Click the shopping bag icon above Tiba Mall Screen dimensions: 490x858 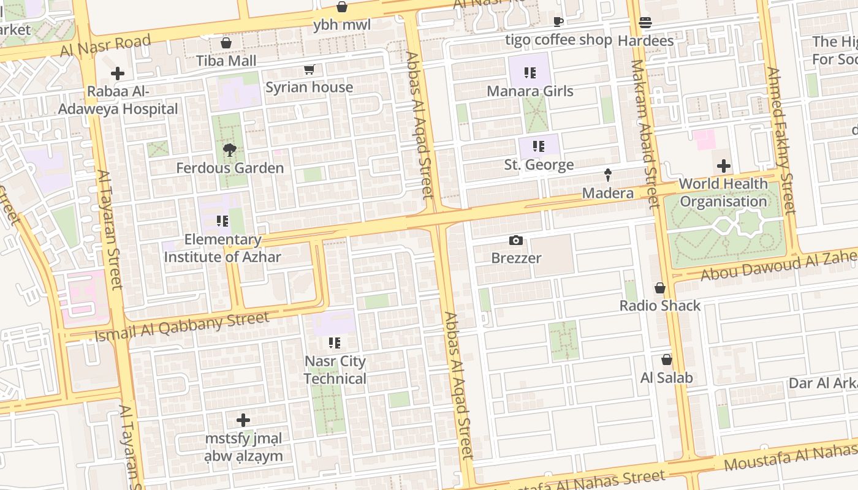click(x=226, y=43)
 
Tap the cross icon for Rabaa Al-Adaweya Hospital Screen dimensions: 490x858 click(x=117, y=74)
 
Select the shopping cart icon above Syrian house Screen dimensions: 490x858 click(x=309, y=70)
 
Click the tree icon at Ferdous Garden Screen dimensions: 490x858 click(x=230, y=150)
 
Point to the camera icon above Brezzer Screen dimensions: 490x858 click(x=516, y=240)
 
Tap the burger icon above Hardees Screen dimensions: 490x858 click(x=645, y=23)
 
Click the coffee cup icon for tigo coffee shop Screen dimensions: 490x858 click(x=558, y=22)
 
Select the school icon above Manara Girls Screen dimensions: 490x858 click(x=530, y=73)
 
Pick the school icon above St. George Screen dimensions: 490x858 click(x=538, y=146)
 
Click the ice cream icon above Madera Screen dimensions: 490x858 click(x=608, y=175)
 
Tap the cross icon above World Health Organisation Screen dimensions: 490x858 click(x=723, y=166)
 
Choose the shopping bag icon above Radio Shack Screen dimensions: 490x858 click(x=660, y=288)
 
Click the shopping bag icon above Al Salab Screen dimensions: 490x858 click(x=667, y=360)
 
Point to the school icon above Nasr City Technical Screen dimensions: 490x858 click(x=334, y=343)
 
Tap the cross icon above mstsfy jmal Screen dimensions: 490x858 click(x=243, y=420)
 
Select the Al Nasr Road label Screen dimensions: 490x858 click(x=105, y=45)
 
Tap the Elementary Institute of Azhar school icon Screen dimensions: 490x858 click(x=222, y=221)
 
